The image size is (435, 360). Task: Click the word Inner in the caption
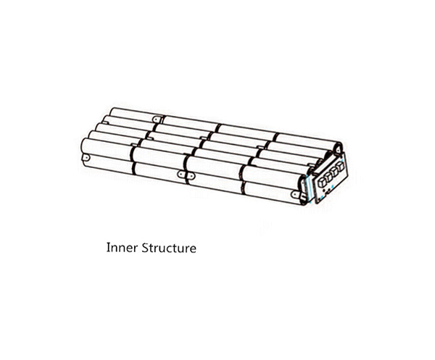point(122,248)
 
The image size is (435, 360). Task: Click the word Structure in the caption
point(169,248)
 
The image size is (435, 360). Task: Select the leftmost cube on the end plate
point(322,182)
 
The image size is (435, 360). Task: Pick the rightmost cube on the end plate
point(341,166)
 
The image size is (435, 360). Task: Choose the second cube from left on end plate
point(328,176)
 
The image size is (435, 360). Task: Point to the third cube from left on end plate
point(335,171)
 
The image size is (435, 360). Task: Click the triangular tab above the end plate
point(338,149)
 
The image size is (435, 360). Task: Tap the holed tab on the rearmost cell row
point(157,119)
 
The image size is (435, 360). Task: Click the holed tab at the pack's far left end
point(86,158)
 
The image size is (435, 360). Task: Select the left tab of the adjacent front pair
point(181,175)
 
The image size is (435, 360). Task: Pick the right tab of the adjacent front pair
point(190,175)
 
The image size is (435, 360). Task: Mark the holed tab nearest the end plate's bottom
point(295,194)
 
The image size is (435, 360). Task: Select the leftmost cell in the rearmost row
point(136,114)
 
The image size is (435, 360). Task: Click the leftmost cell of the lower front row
point(109,163)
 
